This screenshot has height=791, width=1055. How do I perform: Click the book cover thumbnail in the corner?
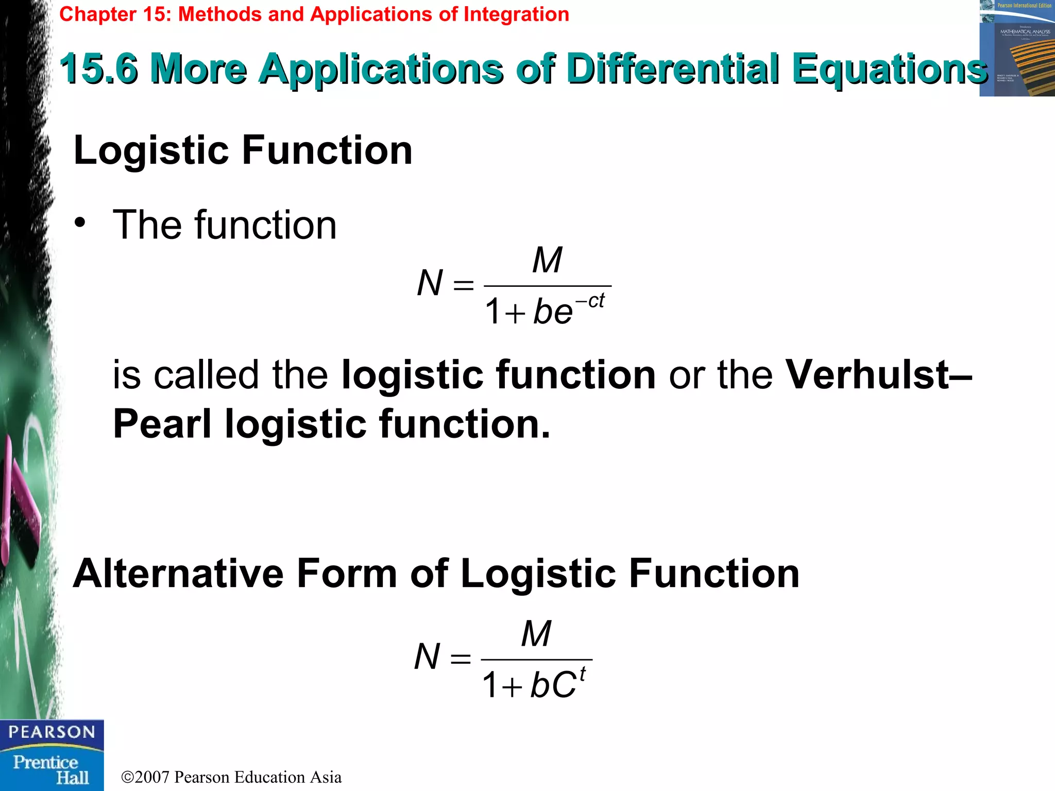tap(1017, 48)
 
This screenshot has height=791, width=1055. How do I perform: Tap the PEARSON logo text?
tap(52, 732)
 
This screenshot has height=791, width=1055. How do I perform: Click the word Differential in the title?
tap(672, 68)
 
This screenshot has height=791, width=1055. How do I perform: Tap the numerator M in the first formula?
tap(547, 260)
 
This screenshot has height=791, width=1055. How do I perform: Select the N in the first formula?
tap(430, 283)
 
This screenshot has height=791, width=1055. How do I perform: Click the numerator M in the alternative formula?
tap(536, 634)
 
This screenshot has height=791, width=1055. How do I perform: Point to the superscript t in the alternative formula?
tap(583, 674)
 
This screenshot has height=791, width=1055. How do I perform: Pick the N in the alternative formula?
tap(427, 657)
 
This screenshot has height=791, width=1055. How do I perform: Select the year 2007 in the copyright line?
tap(152, 777)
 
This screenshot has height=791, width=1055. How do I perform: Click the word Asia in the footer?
tap(326, 777)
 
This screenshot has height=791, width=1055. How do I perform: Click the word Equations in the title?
tap(890, 68)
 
